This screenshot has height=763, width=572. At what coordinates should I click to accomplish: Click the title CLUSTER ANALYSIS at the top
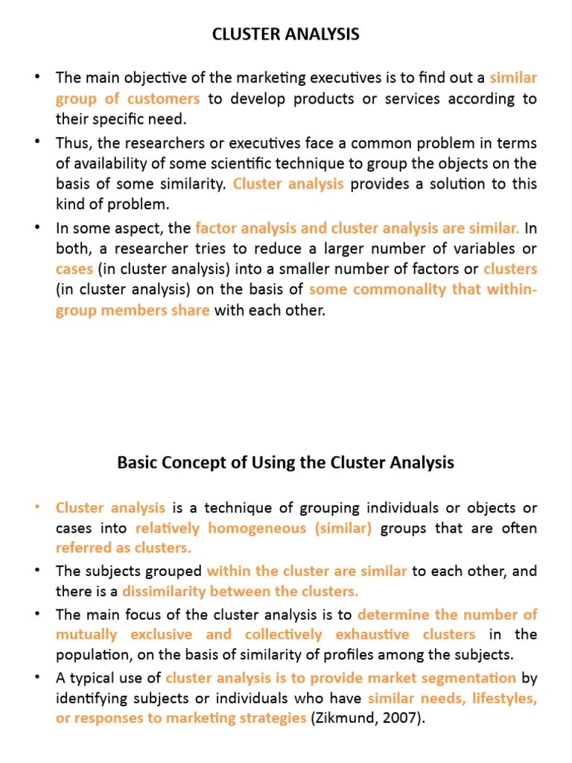286,34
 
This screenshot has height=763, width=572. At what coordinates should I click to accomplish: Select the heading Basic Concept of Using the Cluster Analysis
286,463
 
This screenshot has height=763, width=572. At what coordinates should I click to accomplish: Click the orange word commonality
397,290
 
